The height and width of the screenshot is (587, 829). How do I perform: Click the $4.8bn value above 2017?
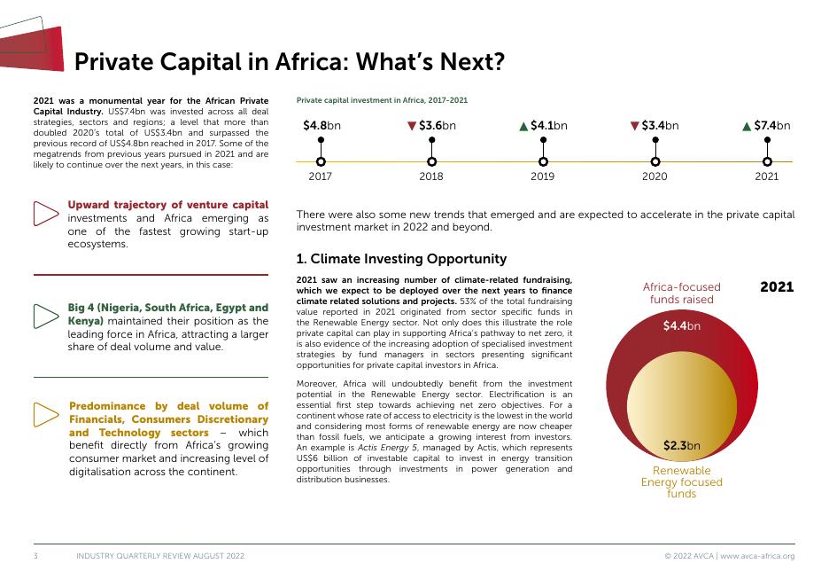tap(322, 126)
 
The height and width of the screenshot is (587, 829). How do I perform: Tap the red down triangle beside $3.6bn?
tap(412, 126)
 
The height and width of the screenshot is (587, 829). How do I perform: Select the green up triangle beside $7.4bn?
tap(748, 126)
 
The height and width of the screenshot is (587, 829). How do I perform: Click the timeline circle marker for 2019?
tap(543, 161)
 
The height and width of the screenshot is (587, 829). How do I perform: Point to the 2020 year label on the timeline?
tap(655, 177)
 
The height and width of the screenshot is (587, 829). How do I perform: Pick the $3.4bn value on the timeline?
tap(660, 126)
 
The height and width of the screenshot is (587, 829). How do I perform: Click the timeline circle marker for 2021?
tap(767, 161)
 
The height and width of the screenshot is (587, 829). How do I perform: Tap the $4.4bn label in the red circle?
tap(681, 326)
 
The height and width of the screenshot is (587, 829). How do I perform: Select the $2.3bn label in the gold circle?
tap(681, 445)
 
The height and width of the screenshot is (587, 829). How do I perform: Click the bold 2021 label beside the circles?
tap(777, 287)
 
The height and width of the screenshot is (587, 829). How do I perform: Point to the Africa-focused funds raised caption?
tap(681, 293)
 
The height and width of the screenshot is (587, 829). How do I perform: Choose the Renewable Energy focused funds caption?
tap(681, 481)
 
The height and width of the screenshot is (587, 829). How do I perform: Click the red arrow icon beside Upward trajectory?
tap(45, 213)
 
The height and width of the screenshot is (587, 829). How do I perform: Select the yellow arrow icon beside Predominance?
tap(45, 413)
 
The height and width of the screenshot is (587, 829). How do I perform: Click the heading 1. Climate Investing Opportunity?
tap(401, 259)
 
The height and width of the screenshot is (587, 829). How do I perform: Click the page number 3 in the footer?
tap(35, 556)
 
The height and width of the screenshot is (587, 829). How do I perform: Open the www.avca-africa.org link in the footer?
tap(757, 556)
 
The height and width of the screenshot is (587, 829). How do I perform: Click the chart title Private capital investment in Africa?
tap(382, 101)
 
